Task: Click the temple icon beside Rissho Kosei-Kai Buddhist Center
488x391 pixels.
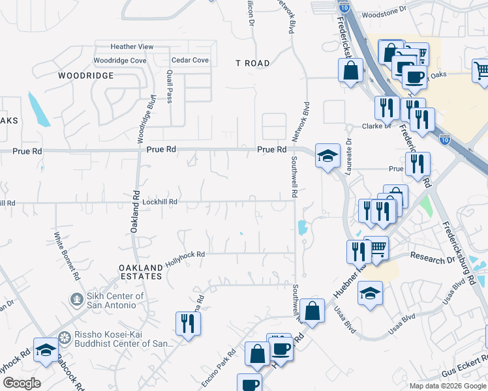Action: click(64, 338)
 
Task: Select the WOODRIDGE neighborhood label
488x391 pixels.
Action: click(85, 76)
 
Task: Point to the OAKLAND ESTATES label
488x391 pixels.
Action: click(140, 272)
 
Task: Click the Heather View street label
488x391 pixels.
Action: click(132, 47)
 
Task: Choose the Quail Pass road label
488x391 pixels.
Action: click(170, 87)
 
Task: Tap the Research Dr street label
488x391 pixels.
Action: click(432, 257)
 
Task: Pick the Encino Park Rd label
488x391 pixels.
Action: click(219, 362)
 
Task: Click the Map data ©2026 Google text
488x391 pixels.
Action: click(448, 385)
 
